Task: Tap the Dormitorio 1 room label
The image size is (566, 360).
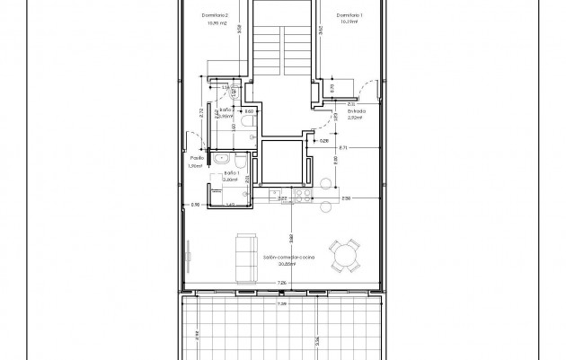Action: (x=349, y=15)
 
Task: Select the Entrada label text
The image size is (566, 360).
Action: (x=344, y=111)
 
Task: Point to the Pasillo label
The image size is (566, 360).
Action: (x=195, y=157)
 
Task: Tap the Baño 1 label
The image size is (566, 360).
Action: (x=232, y=173)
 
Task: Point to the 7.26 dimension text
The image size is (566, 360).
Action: (x=282, y=282)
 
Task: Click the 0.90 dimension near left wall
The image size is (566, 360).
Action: (x=195, y=206)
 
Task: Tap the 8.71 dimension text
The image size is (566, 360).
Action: (x=343, y=147)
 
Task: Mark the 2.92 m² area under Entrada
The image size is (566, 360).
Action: (x=344, y=118)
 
